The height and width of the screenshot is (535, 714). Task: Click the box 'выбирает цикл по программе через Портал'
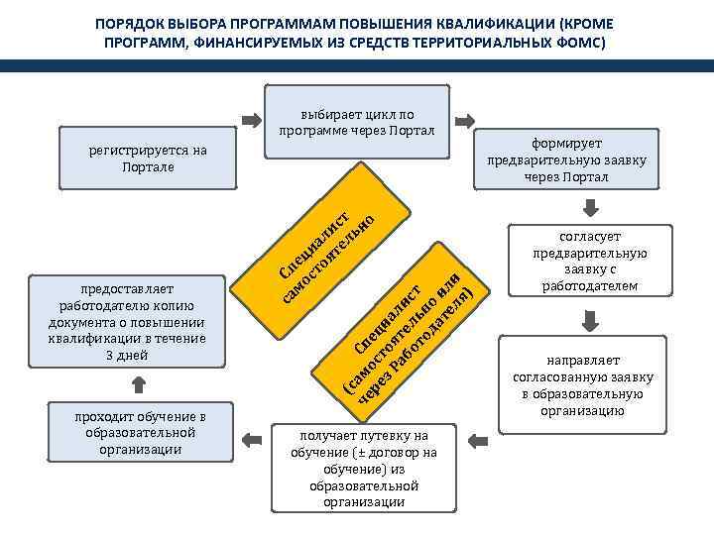tap(357, 122)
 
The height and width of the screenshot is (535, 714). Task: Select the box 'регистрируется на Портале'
tap(148, 159)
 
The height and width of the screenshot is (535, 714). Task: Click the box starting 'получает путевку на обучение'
tap(363, 469)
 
